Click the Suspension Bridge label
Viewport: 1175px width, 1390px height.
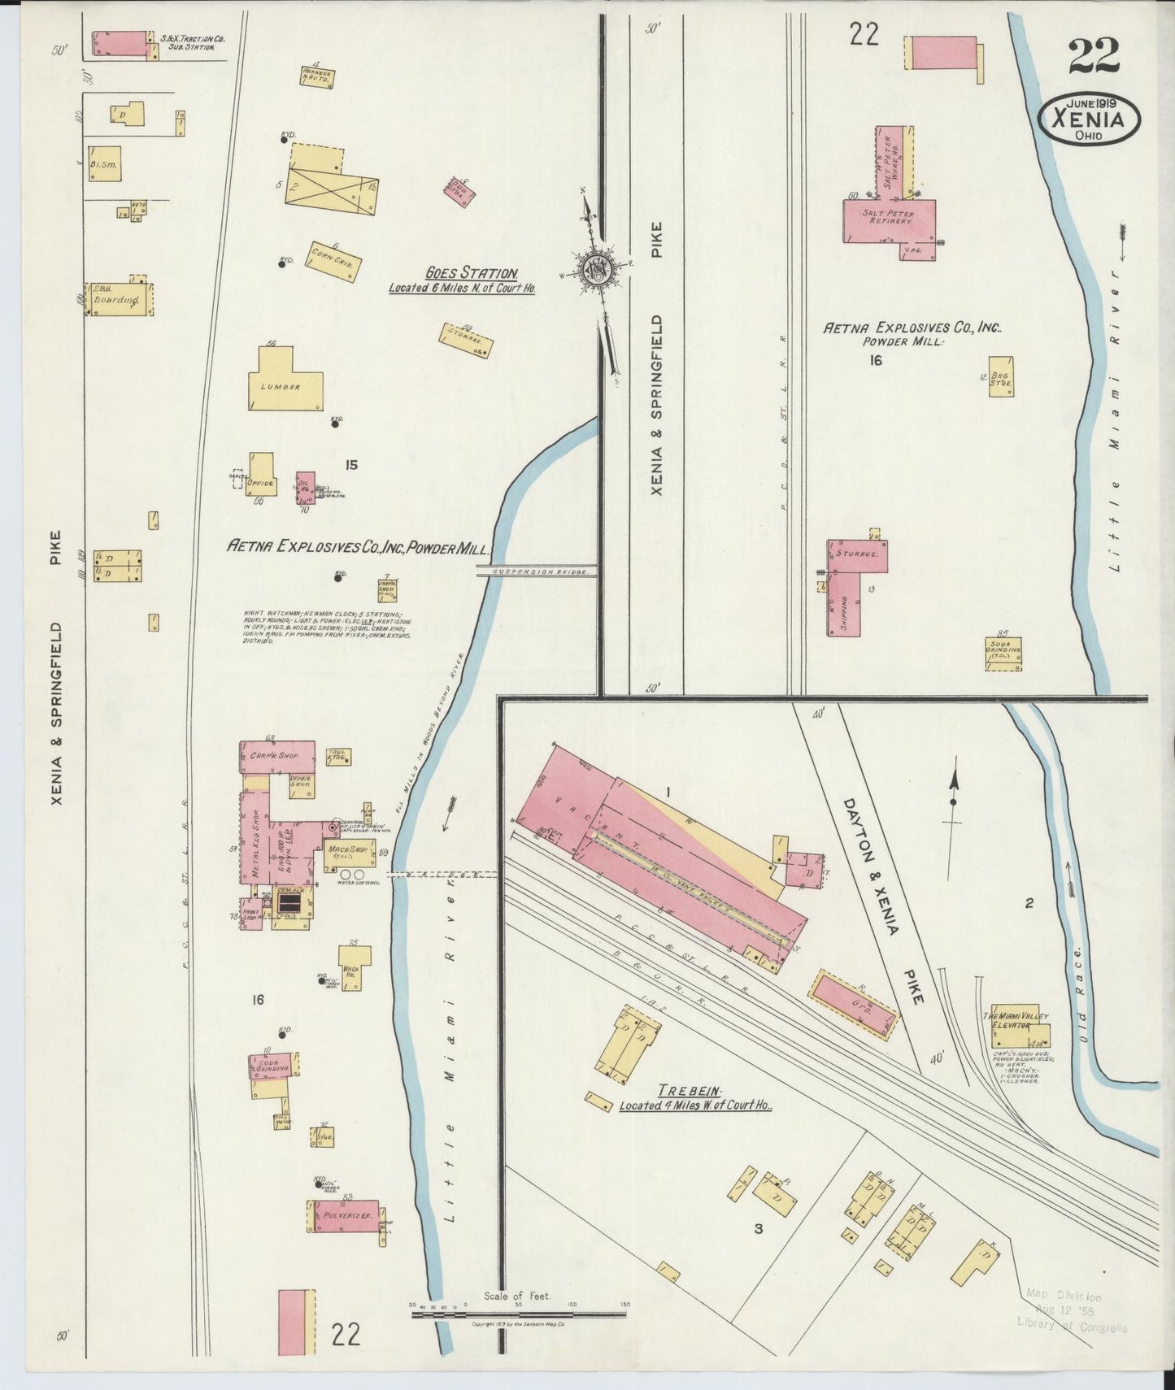[536, 572]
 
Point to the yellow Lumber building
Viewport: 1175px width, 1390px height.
[284, 382]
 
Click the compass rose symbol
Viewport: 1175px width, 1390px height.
[598, 271]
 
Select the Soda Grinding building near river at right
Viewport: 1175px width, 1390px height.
[1003, 653]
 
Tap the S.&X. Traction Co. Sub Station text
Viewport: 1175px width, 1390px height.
[192, 42]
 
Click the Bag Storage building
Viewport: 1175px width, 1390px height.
[1001, 376]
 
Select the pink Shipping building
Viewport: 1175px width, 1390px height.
[844, 604]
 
